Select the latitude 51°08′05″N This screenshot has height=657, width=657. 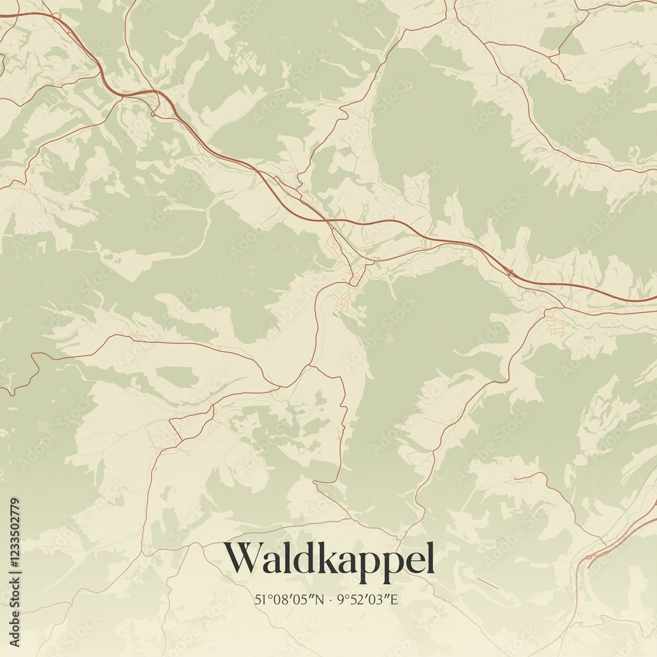coord(289,599)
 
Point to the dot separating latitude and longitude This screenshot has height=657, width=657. coord(330,599)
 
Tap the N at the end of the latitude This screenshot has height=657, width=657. coord(320,599)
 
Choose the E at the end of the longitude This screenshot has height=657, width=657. coord(396,599)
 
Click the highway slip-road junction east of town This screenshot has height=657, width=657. coord(510,271)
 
